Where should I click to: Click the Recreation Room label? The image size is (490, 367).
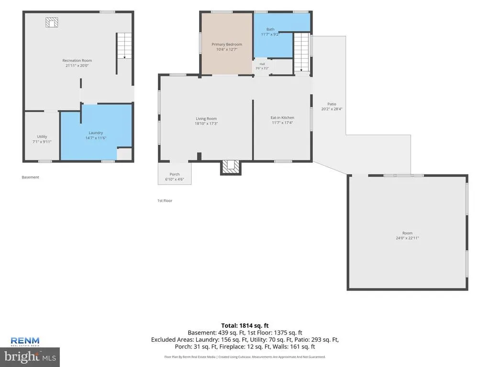77,61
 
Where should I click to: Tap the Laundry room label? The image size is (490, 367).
96,133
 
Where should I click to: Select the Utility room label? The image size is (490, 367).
42,136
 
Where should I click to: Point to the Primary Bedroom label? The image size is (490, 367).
226,44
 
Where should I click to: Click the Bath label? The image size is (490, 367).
270,29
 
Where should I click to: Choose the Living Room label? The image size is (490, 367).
206,119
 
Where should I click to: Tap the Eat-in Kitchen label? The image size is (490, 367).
282,118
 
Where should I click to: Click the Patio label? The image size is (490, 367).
332,104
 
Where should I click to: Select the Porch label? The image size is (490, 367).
174,174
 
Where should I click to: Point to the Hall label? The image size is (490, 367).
262,64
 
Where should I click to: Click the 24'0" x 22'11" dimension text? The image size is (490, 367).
407,238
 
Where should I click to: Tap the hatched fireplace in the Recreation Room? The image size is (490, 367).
52,22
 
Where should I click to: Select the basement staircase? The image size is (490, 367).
124,45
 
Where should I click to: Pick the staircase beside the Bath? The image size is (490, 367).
301,52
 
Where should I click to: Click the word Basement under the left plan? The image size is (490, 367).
30,177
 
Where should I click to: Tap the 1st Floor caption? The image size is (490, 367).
165,201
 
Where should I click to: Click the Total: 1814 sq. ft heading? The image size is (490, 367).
245,326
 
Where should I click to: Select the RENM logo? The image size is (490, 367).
25,341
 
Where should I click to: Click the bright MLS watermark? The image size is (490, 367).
30,356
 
